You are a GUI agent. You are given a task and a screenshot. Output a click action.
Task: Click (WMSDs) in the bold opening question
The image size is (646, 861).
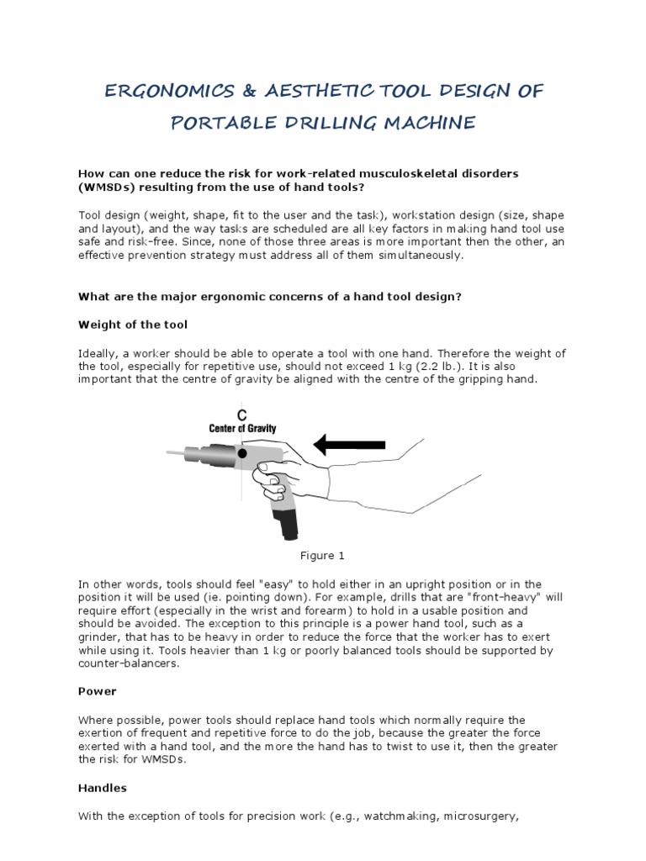tap(104, 186)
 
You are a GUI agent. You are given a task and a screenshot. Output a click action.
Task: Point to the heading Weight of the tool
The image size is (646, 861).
tap(133, 325)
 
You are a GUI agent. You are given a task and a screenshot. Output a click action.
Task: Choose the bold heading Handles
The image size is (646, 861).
tap(103, 789)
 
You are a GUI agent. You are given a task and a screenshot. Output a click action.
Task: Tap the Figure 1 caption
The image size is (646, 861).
tap(323, 556)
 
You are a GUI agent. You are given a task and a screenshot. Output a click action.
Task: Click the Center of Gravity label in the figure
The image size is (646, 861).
tap(242, 428)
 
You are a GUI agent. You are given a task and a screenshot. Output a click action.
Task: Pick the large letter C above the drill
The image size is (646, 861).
tap(241, 414)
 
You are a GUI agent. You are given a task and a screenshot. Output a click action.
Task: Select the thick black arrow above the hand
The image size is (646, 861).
tap(348, 444)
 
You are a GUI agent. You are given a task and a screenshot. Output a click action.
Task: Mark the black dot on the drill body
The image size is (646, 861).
tap(242, 453)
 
